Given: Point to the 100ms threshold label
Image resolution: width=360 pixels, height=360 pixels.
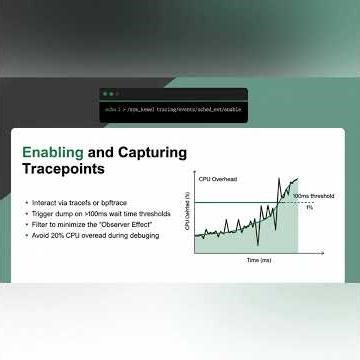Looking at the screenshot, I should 312,196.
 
